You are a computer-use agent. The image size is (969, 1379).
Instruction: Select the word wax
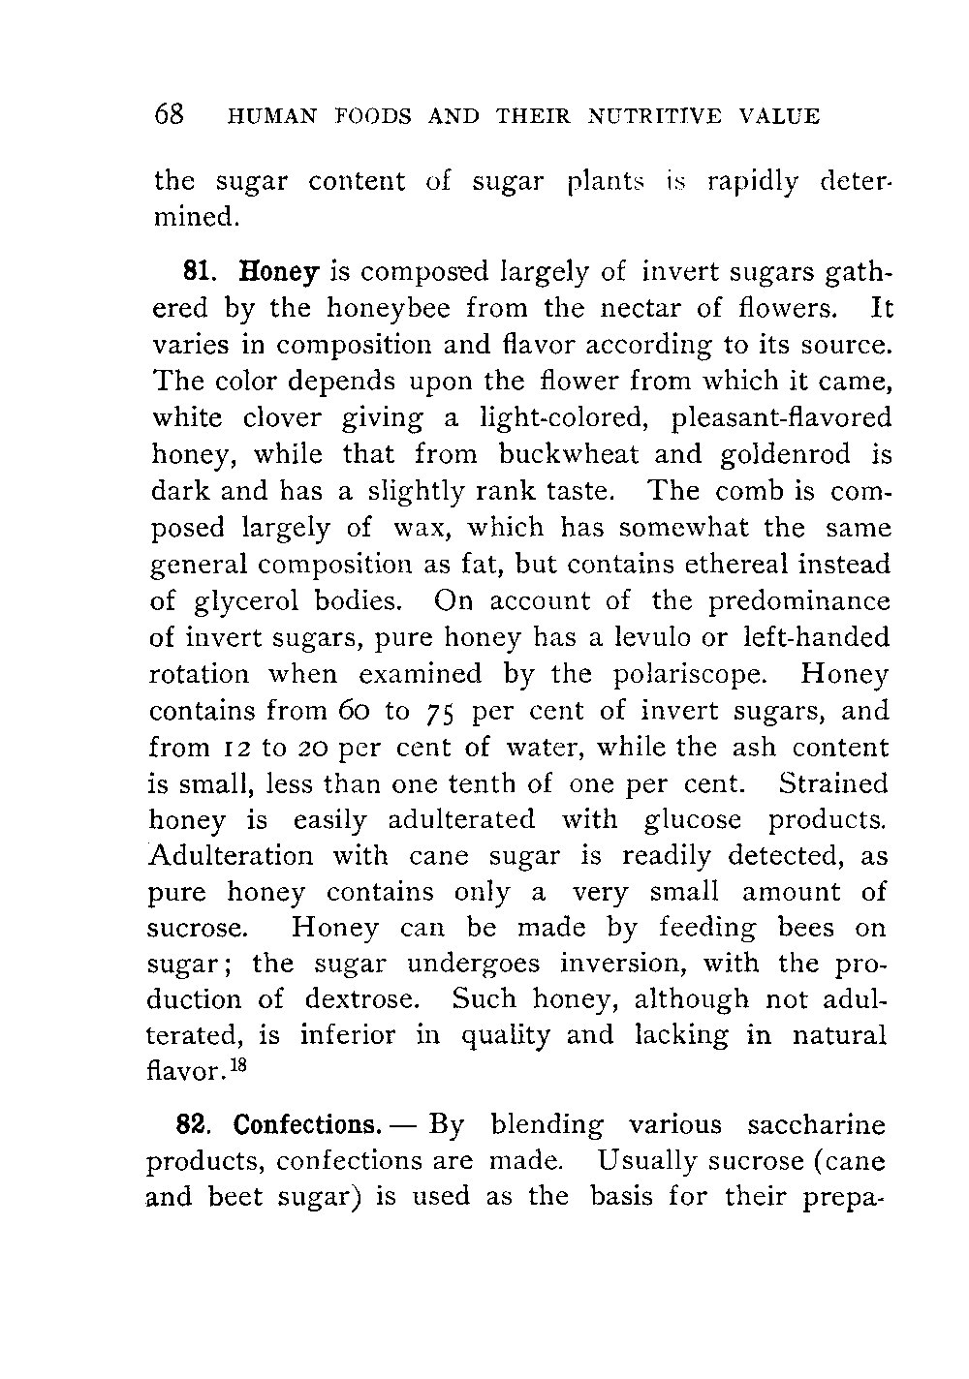point(418,529)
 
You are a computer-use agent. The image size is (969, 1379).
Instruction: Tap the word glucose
point(690,819)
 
